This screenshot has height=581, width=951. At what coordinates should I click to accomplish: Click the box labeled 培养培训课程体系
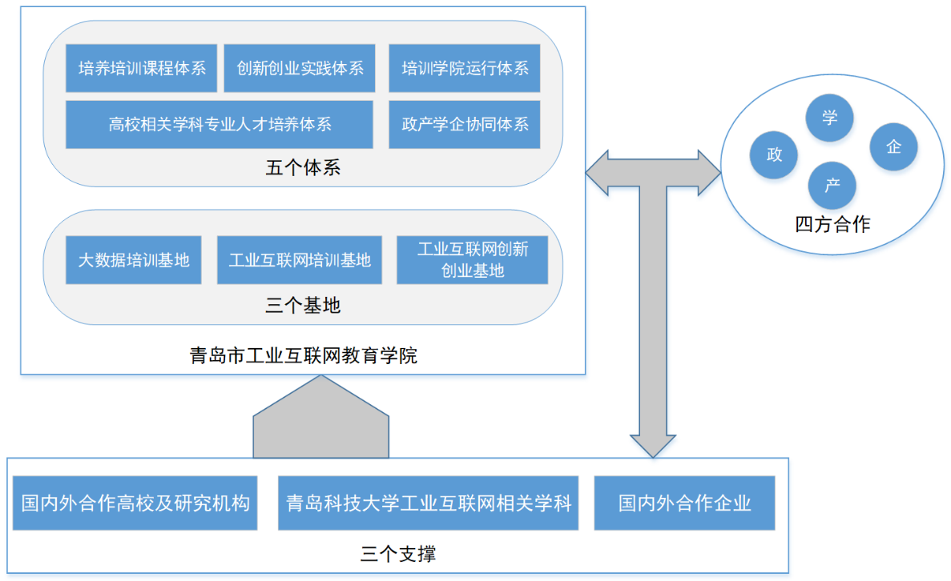pos(141,68)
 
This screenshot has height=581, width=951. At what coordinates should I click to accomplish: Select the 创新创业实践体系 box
pos(300,68)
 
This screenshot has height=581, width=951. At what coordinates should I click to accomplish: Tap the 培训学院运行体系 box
pos(465,68)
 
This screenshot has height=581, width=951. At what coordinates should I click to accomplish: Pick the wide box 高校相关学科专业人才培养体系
pos(220,124)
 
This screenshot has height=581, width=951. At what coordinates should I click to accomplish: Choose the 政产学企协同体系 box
pos(465,124)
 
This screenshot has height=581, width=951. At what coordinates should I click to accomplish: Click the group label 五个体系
pos(303,169)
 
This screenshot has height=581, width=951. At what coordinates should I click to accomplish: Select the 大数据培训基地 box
pos(134,259)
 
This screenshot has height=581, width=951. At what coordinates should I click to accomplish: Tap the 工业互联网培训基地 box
pos(300,259)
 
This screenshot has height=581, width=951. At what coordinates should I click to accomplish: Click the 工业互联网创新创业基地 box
pos(473,259)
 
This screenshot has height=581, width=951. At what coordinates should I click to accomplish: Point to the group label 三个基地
pos(303,305)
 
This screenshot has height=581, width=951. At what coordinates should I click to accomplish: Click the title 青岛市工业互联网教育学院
pos(303,355)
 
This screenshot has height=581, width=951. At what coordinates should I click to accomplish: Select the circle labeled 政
pos(774,154)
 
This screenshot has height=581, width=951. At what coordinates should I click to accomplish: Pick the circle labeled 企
pos(893,147)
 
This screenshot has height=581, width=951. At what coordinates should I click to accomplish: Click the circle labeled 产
pos(832,186)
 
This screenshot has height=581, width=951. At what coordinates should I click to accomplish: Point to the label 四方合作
pos(832,224)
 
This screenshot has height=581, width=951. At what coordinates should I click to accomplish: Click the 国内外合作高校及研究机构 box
pos(135,503)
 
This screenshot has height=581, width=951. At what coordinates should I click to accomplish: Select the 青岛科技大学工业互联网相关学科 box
pos(429,503)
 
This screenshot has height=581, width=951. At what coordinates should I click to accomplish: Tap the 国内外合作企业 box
pos(684,503)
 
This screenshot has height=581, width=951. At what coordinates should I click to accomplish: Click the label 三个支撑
pos(398,553)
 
